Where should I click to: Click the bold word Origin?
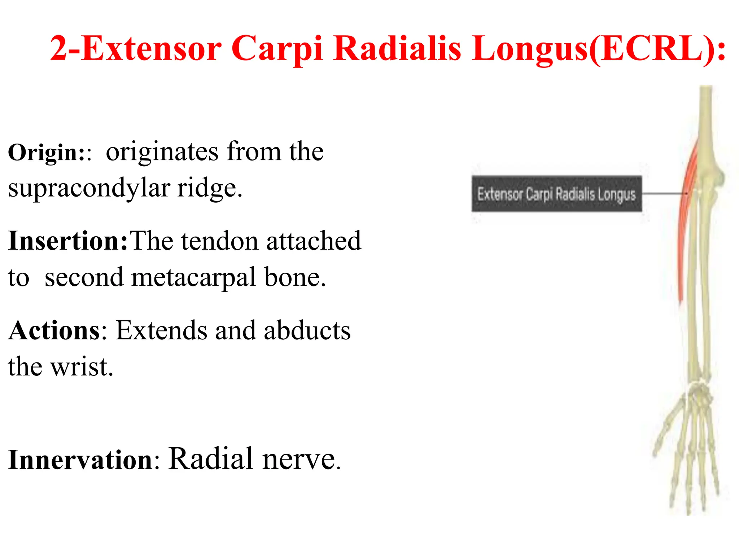pyautogui.click(x=46, y=153)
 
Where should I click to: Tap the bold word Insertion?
pyautogui.click(x=67, y=241)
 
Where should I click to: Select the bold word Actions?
pyautogui.click(x=54, y=330)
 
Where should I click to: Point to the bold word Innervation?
pyautogui.click(x=80, y=460)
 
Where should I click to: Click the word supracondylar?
pyautogui.click(x=89, y=188)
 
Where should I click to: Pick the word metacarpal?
pyautogui.click(x=193, y=278)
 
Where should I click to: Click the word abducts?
pyautogui.click(x=307, y=330)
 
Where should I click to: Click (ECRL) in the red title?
pyautogui.click(x=657, y=49)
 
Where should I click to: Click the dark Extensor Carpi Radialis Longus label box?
pyautogui.click(x=556, y=194)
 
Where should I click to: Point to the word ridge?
pyautogui.click(x=209, y=188)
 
